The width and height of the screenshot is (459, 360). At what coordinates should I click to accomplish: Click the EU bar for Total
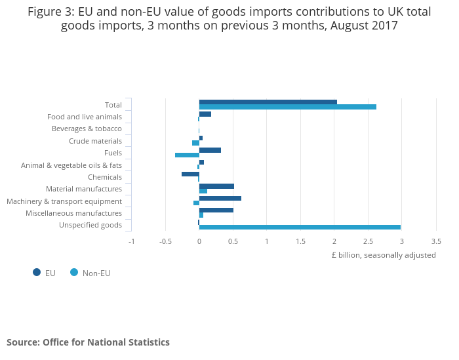[268, 102]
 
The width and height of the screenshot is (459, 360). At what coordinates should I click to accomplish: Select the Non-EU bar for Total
[287, 107]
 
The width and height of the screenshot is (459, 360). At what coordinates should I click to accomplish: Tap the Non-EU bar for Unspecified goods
[300, 228]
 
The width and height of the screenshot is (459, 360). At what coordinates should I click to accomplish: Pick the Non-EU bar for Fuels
[187, 155]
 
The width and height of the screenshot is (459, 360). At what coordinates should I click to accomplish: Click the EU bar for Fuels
[210, 150]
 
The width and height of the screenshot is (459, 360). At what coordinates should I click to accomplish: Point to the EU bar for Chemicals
[190, 174]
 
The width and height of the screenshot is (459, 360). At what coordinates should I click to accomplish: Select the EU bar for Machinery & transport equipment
[220, 198]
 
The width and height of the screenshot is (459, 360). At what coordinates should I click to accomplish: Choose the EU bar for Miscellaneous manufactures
[216, 210]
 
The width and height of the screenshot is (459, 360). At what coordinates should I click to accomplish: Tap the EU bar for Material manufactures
[216, 186]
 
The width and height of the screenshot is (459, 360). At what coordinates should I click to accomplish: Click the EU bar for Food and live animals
[205, 114]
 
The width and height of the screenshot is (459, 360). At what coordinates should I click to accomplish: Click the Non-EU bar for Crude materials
[195, 143]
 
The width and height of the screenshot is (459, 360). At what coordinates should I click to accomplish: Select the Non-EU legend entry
[96, 273]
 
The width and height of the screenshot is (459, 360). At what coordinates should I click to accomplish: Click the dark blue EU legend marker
[37, 272]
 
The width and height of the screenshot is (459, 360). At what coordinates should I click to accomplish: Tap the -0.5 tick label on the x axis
[165, 241]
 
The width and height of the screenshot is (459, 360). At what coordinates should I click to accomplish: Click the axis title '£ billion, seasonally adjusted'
[383, 255]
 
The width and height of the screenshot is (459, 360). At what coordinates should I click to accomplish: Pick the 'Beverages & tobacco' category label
[87, 129]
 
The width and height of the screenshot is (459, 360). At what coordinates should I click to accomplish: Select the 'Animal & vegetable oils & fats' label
[71, 165]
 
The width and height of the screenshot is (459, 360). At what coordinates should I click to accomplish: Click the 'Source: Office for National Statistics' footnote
[88, 342]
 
